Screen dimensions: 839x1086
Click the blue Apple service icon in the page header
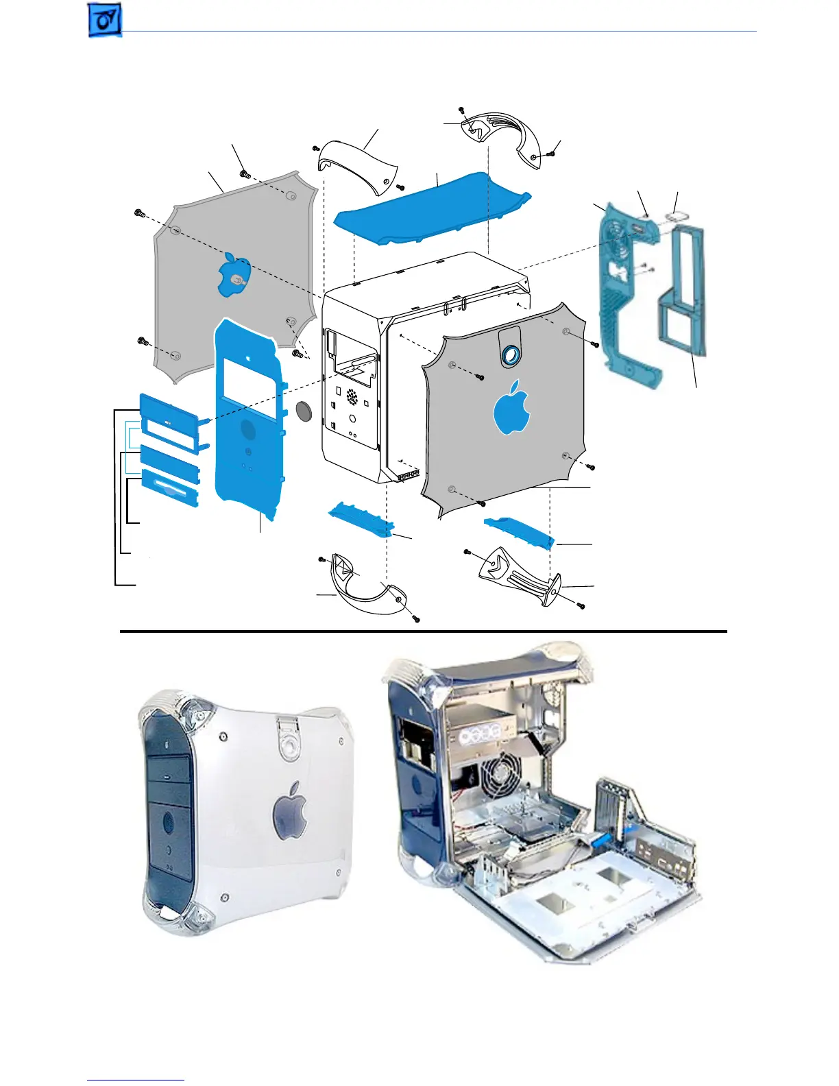point(105,20)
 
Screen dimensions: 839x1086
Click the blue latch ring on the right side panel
point(509,354)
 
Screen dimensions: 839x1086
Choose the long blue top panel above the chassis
point(431,208)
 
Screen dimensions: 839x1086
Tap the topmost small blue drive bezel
point(167,409)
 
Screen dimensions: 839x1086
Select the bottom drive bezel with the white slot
point(170,488)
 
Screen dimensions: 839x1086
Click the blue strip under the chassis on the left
point(361,519)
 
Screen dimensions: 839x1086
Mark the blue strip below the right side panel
point(518,532)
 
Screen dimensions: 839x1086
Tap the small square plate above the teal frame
point(674,217)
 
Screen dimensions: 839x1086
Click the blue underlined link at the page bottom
point(136,1080)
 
